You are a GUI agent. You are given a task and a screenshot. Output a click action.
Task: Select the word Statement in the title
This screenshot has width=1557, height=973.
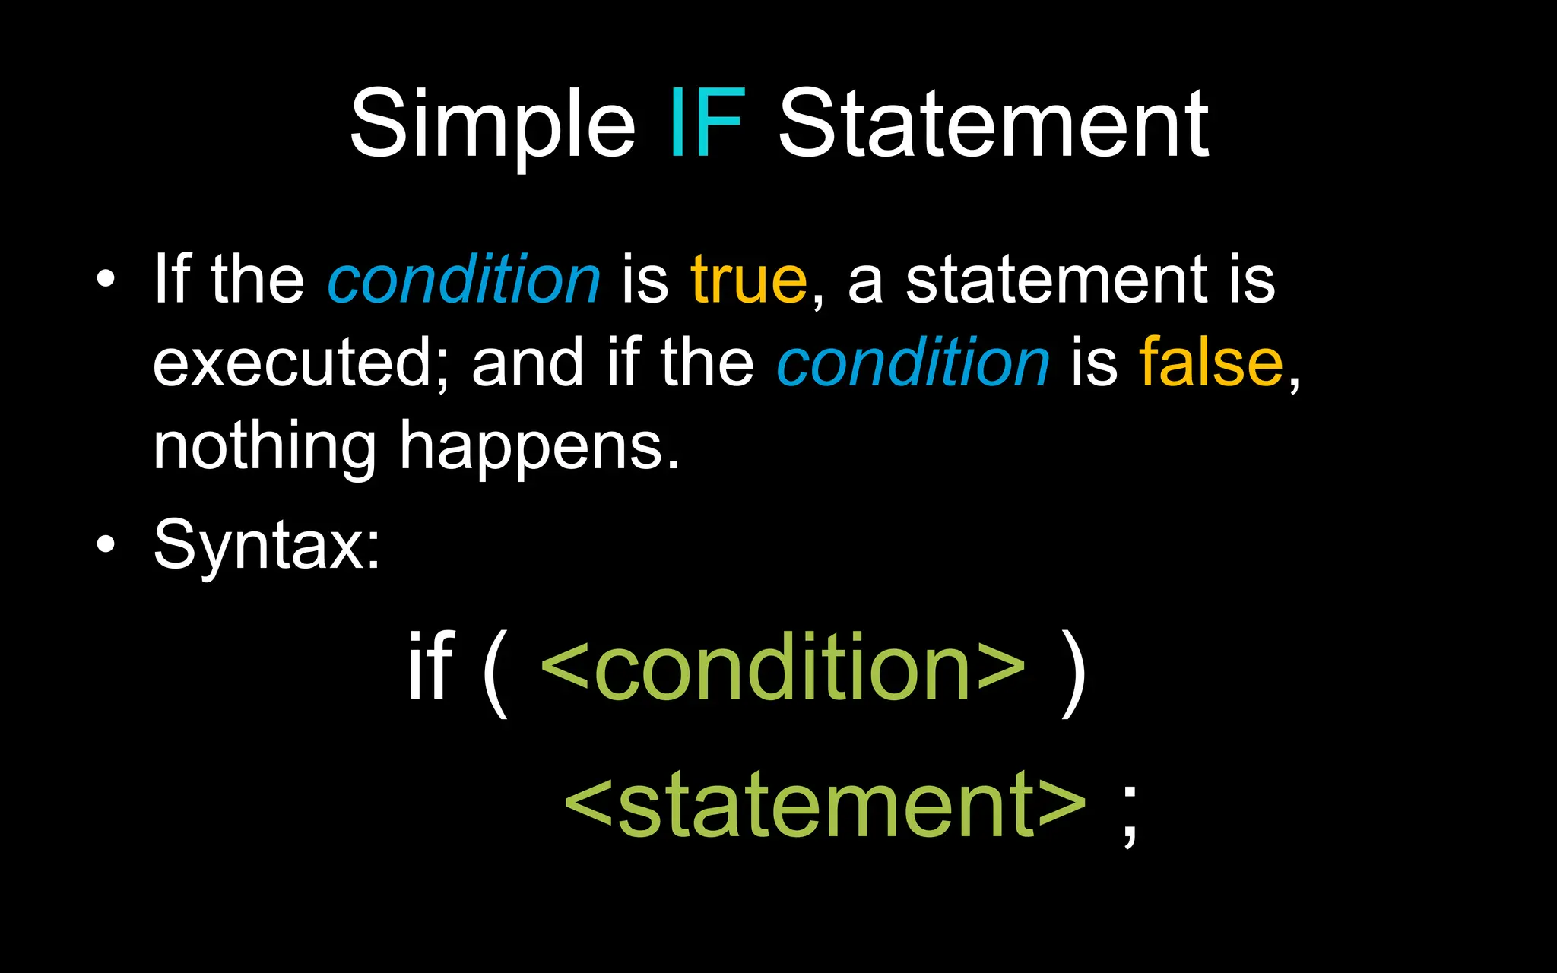click(993, 123)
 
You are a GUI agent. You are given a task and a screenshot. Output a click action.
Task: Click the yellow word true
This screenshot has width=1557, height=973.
click(748, 280)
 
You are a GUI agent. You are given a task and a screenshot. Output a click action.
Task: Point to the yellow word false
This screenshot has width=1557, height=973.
click(1211, 363)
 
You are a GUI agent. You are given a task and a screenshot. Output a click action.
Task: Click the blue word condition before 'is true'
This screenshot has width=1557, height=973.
click(464, 280)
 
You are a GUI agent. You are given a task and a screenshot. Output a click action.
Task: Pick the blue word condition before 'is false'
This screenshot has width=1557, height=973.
click(912, 363)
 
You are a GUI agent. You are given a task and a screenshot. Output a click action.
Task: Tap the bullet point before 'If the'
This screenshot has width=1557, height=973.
click(106, 279)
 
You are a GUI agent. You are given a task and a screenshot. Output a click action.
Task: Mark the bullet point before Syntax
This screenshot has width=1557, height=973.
click(106, 544)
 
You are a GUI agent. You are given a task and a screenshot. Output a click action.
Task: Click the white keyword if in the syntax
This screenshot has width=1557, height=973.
click(430, 667)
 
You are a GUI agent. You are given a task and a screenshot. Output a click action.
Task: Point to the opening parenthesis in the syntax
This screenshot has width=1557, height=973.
click(495, 673)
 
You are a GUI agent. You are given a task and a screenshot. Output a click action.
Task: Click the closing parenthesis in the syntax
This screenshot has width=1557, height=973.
click(1073, 673)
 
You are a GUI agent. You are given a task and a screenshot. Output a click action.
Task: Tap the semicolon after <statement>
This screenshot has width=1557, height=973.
click(1130, 815)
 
